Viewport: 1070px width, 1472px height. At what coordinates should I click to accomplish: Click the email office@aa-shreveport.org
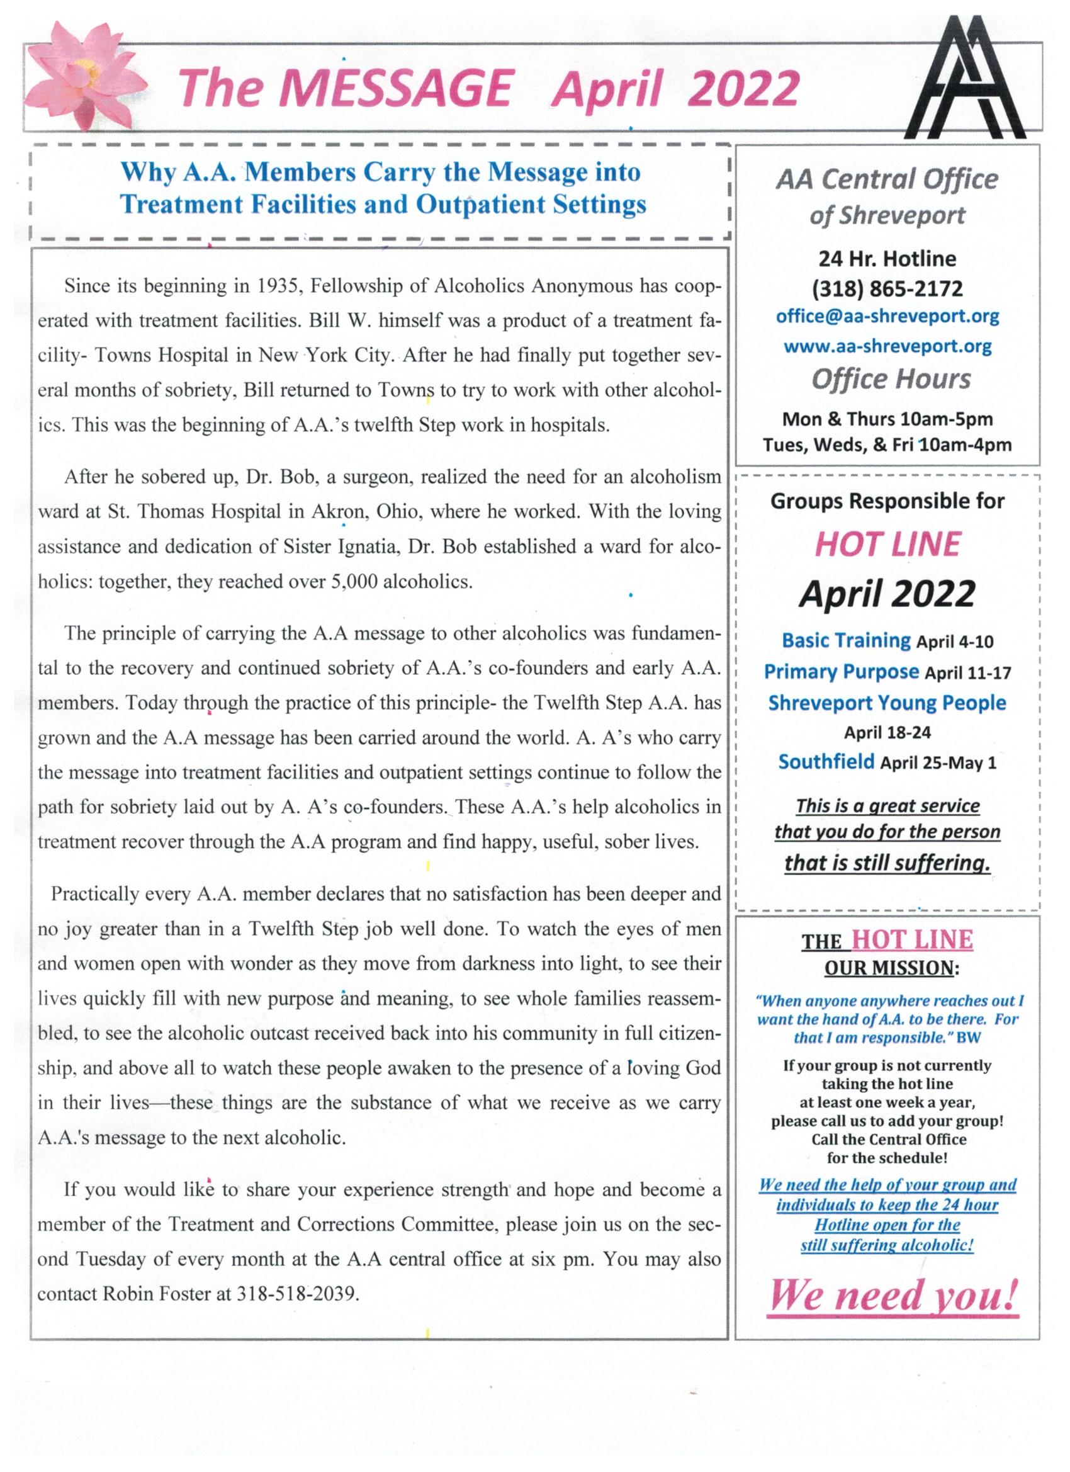pyautogui.click(x=887, y=317)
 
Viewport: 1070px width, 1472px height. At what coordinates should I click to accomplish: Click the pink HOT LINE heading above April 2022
pyautogui.click(x=887, y=545)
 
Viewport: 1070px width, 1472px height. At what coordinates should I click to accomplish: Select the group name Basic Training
pyautogui.click(x=846, y=640)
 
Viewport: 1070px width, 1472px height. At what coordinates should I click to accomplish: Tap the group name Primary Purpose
pyautogui.click(x=841, y=672)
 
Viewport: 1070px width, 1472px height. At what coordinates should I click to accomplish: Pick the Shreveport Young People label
pyautogui.click(x=887, y=703)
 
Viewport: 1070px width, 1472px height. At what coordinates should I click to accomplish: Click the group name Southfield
pyautogui.click(x=826, y=761)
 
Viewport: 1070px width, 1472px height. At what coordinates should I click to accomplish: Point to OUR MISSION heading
pyautogui.click(x=891, y=969)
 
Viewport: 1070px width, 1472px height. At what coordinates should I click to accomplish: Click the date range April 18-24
pyautogui.click(x=887, y=733)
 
